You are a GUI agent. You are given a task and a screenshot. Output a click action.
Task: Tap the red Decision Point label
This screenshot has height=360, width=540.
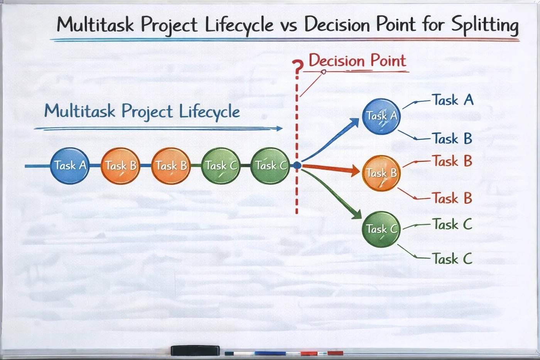coord(358,60)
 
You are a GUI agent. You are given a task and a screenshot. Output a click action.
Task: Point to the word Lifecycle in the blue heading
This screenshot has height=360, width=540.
coord(209,112)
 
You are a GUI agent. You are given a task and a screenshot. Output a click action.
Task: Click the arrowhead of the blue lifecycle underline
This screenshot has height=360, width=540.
coord(280,128)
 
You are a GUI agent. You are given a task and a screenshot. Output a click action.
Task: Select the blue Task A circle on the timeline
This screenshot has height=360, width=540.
coord(70,166)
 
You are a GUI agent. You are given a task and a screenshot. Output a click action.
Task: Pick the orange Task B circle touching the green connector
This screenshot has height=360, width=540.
coord(171,166)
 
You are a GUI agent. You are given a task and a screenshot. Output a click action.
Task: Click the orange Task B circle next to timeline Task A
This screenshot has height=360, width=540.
coord(120,166)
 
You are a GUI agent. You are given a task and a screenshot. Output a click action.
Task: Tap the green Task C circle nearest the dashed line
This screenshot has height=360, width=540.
coord(270,166)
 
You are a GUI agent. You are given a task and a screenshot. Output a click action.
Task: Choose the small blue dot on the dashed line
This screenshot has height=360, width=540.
coord(297,166)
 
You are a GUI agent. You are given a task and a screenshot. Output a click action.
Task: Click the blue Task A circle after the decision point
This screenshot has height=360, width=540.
coord(381,117)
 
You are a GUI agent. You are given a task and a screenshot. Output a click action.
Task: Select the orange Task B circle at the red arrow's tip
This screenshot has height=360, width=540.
coord(381,173)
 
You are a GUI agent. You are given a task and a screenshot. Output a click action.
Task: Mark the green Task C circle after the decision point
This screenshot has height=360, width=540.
coord(381,229)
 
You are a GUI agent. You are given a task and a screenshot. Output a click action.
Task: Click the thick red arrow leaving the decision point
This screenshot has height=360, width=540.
coord(331,169)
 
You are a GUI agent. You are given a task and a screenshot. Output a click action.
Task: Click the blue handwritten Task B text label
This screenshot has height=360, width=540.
coord(453,139)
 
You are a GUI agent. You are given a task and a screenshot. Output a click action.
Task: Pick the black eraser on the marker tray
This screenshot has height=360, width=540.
coord(195,350)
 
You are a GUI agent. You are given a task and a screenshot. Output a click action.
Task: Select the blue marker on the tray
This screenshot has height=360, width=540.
coord(270,353)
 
